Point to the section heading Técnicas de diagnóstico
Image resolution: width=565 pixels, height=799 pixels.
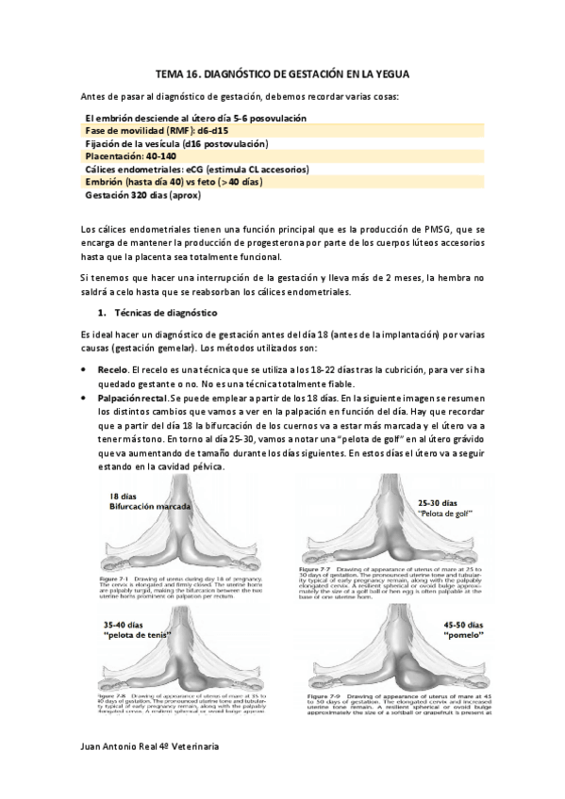[x=165, y=312]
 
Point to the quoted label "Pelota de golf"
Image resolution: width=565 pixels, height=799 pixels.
[x=445, y=514]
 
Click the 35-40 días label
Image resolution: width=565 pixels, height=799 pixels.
[x=127, y=625]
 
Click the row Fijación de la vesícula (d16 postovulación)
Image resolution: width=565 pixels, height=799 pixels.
[x=176, y=143]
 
